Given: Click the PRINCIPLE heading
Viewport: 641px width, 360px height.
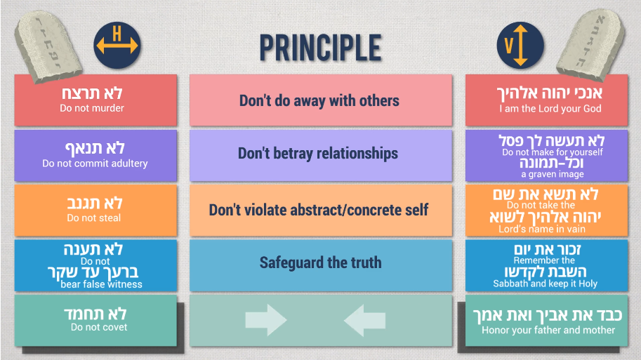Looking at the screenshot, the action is pos(320,48).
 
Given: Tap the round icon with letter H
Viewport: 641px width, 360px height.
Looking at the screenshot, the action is pos(117,45).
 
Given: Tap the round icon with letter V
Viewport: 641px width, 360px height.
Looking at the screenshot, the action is pos(520,45).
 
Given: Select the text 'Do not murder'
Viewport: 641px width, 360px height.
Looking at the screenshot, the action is pos(92,108).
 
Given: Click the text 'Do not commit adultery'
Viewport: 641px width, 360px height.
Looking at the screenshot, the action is pos(95,164).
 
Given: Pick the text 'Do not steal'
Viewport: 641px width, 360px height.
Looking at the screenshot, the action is pos(94,218).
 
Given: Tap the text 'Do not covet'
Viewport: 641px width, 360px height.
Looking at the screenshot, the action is pos(99,327).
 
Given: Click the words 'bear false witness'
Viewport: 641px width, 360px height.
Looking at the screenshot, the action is pos(101,284).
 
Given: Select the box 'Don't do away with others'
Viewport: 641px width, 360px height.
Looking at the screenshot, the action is pos(321,100).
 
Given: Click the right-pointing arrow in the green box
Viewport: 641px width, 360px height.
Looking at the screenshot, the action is pos(266,320).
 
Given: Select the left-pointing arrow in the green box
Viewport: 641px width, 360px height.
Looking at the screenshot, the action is pos(364,320).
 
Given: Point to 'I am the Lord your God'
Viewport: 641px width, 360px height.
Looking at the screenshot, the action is pos(550,109).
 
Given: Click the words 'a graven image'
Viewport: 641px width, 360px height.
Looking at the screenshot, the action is pos(553,175).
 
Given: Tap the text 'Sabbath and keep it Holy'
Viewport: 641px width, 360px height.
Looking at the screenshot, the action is pos(546,284).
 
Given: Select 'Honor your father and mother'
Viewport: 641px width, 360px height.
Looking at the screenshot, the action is pos(548,330).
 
